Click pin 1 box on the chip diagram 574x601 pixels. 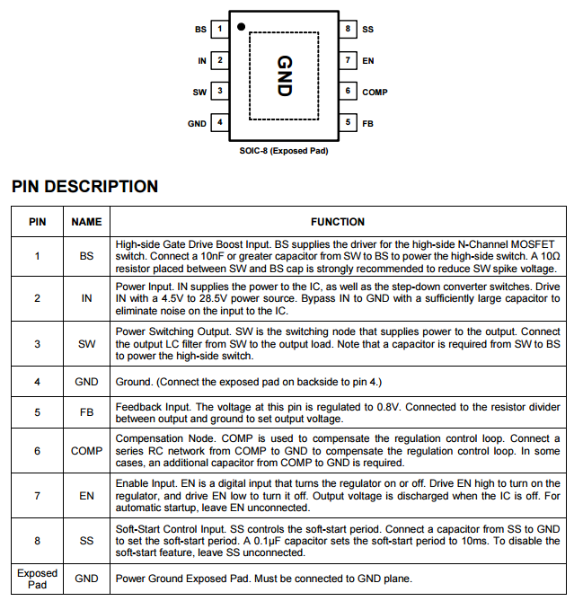coord(219,30)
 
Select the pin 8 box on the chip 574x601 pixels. coord(348,30)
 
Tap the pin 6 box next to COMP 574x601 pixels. coord(348,92)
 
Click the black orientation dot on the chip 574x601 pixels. coord(241,27)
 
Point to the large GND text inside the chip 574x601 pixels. coord(284,76)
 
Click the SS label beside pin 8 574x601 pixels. coord(367,30)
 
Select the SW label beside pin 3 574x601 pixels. coord(199,92)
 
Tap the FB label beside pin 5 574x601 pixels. coord(367,123)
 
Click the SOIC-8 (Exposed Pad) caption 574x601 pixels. coord(283,150)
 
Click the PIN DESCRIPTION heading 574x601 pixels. coord(84,187)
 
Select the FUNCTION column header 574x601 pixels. coord(338,222)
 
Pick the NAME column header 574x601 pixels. coord(86,222)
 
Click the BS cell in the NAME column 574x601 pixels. coord(86,256)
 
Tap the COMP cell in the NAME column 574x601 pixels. coord(86,451)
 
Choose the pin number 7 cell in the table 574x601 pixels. coord(37,495)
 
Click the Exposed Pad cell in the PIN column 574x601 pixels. coord(37,579)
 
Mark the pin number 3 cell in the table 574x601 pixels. coord(37,344)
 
